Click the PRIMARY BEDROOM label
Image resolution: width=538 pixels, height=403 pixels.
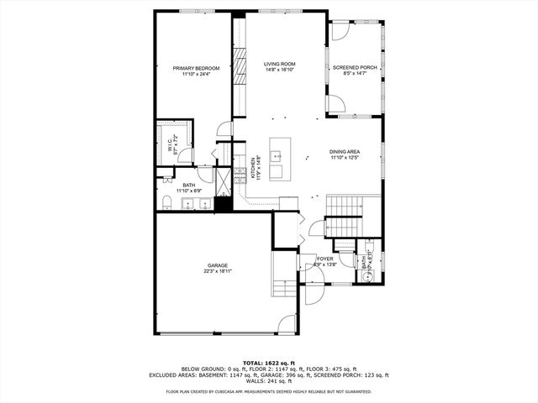(x=196, y=68)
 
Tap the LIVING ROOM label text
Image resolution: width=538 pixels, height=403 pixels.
(x=279, y=64)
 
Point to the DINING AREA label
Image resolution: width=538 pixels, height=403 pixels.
(x=344, y=151)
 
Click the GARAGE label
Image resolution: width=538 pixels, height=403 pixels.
(x=217, y=265)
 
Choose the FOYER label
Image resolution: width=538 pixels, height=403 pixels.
(x=324, y=259)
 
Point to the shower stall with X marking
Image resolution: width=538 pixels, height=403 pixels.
(x=223, y=180)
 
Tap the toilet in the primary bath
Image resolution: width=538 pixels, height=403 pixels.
(x=166, y=202)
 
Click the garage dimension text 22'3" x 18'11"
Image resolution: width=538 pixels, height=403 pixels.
(x=217, y=271)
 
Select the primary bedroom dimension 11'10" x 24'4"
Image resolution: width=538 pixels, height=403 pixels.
(x=196, y=74)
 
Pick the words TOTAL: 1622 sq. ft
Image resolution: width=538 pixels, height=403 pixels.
(x=268, y=362)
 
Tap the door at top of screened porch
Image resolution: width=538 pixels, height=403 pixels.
(x=341, y=31)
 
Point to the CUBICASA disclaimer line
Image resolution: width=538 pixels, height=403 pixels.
(x=268, y=391)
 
